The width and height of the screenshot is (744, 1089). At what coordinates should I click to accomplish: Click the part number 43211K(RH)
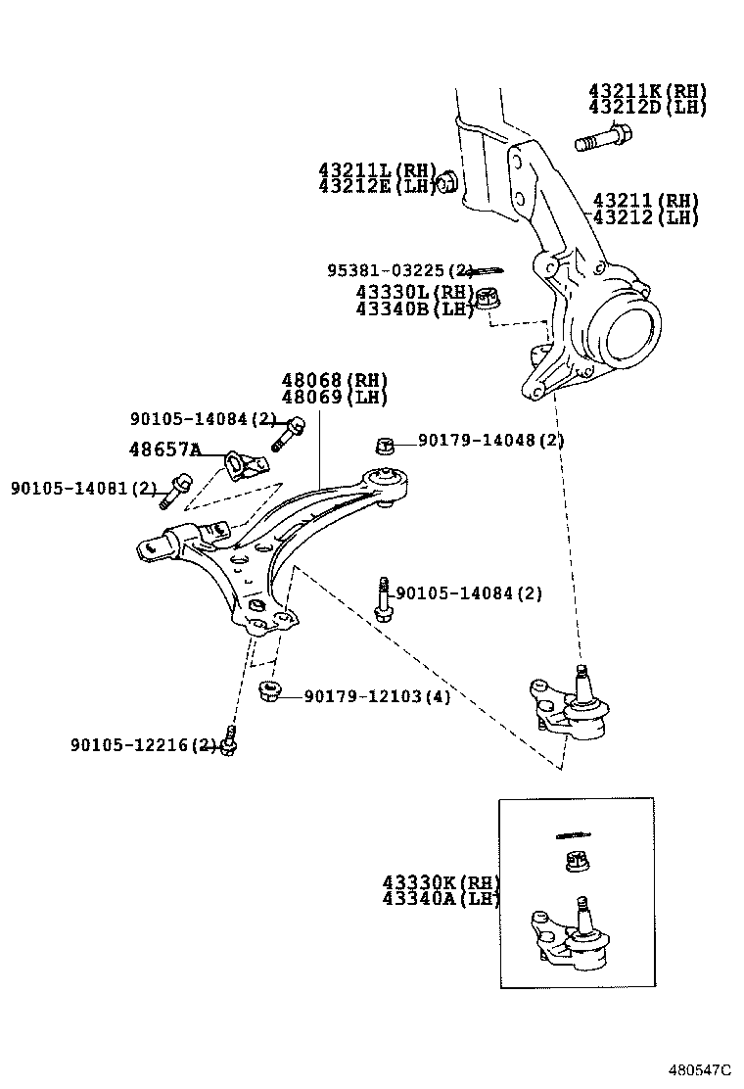(647, 91)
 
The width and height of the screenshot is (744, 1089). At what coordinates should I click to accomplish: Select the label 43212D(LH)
(647, 108)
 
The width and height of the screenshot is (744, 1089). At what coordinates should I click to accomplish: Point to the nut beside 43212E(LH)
(446, 181)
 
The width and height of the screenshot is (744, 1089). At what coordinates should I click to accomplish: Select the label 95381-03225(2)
(400, 269)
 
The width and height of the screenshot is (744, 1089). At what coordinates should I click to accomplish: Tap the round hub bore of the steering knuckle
(628, 333)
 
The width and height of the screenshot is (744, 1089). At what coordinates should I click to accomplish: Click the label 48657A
(164, 450)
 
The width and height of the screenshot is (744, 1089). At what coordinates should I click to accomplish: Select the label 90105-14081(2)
(83, 487)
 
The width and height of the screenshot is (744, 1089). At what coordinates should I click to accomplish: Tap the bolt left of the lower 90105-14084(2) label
(382, 598)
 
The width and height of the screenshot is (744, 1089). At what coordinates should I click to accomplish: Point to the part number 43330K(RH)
(442, 882)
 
